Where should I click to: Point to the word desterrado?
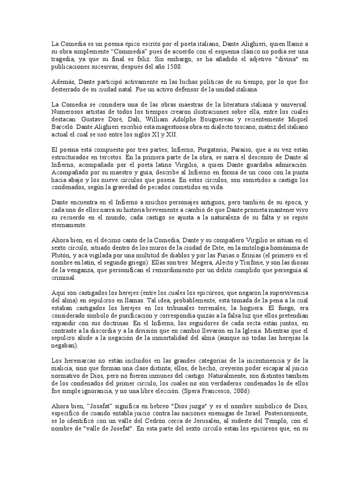(x=67, y=89)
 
